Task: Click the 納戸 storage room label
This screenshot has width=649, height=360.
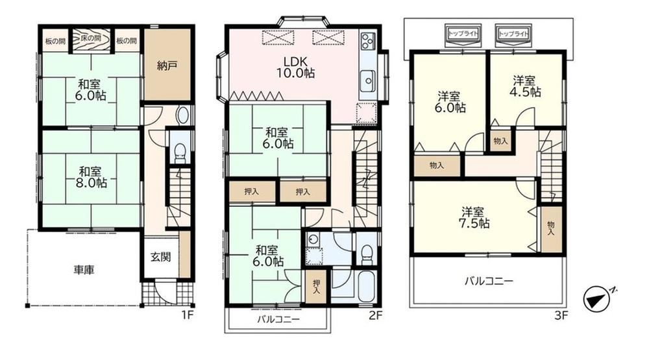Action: coord(167,66)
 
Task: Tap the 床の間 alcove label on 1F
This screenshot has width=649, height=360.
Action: coord(91,38)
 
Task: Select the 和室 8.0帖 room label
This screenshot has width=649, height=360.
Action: coord(91,176)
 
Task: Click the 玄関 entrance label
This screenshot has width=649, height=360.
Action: coord(160,257)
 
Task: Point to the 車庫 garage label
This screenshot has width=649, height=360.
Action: coord(84,270)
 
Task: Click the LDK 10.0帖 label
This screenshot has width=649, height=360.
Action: coord(295,67)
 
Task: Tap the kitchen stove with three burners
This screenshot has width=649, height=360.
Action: coord(367,41)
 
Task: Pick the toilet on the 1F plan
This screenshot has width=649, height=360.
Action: coord(180,153)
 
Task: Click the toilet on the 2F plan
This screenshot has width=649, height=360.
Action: coord(366,254)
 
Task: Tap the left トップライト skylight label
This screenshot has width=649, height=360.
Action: coord(463,34)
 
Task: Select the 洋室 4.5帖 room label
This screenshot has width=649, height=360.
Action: coord(525,86)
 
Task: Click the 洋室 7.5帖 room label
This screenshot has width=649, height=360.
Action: coord(474,218)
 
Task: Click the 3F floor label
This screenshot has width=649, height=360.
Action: coord(561,316)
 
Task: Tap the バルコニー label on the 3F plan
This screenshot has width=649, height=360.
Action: coord(489,282)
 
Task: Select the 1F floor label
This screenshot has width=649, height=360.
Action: coord(187,315)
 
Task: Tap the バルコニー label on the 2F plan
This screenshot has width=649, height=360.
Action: coord(278,319)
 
